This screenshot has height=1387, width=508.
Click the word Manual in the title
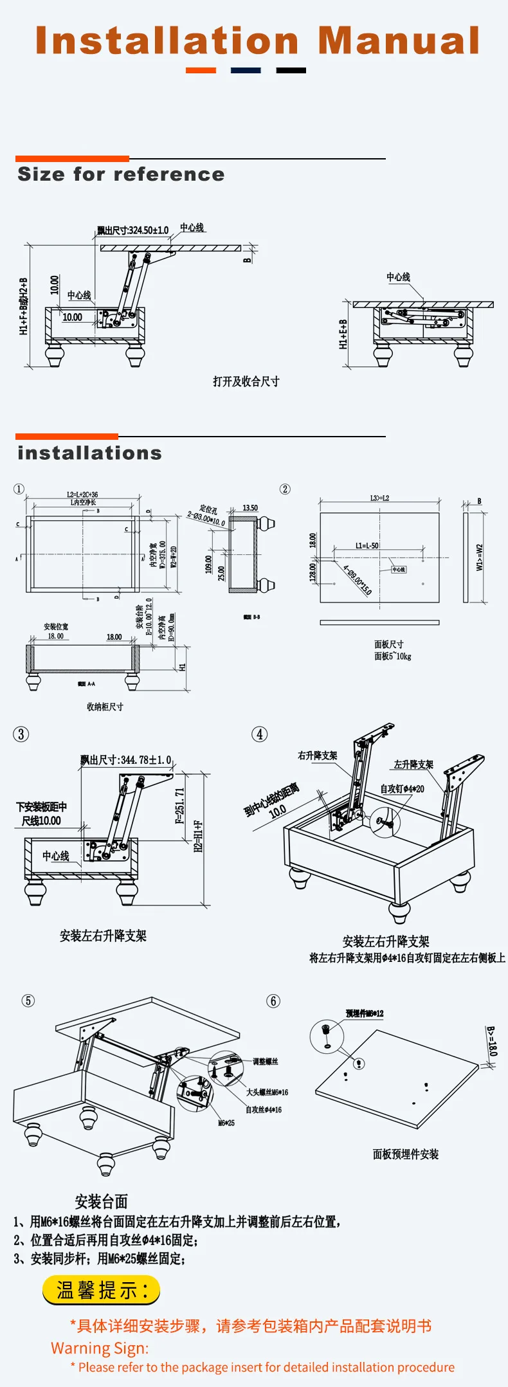[399, 41]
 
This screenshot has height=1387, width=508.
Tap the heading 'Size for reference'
[121, 174]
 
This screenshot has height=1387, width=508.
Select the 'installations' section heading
[89, 453]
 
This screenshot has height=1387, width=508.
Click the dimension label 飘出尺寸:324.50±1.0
[132, 230]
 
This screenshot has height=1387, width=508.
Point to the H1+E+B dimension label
[343, 334]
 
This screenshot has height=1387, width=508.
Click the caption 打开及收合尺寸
[246, 381]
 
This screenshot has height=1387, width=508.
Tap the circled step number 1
[19, 489]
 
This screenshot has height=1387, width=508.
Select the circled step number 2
[285, 489]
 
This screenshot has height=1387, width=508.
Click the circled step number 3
[21, 734]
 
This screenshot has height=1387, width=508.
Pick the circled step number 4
[259, 734]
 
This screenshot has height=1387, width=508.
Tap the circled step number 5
[28, 1001]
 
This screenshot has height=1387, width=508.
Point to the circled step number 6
[273, 1001]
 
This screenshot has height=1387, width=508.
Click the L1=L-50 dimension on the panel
[367, 545]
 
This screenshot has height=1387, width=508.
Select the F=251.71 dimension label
[180, 806]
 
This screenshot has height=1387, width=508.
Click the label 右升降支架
[317, 756]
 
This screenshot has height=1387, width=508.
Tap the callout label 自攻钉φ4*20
[402, 789]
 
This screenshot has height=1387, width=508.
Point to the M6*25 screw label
[226, 1123]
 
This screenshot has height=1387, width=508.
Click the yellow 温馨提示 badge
[101, 1290]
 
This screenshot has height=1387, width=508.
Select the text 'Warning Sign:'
[100, 1348]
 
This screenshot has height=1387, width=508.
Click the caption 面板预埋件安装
[406, 1154]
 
